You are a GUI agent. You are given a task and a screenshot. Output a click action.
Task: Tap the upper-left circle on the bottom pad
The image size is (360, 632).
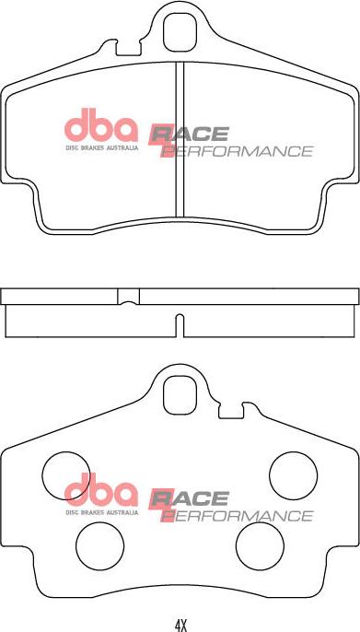coord(64,474)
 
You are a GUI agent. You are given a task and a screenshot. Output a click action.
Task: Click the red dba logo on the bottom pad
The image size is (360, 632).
coord(99,489)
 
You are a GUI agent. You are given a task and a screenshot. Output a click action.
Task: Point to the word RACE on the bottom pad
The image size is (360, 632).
coord(190,498)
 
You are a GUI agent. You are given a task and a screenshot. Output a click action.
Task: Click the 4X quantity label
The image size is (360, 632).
coord(180,625)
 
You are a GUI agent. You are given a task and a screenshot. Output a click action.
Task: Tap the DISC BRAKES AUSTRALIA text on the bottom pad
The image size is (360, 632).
coord(100,509)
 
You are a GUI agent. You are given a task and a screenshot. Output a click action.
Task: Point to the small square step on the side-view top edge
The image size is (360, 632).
coord(129,297)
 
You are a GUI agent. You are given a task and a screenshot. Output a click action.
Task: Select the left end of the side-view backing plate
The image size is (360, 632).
coord(5,297)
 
